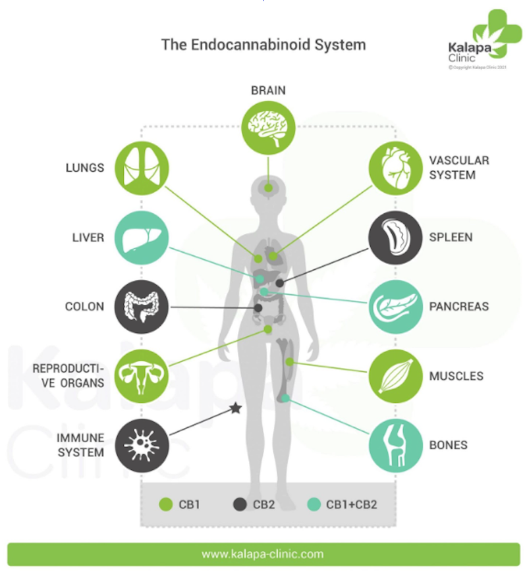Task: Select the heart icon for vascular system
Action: point(395,168)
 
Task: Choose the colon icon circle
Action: point(142,307)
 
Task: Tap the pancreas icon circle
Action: point(395,307)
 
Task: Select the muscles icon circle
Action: point(395,376)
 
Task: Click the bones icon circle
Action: point(395,445)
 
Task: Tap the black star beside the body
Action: point(235,409)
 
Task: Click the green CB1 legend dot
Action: point(167,505)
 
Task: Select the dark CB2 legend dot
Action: point(240,505)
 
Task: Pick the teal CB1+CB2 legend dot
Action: point(314,505)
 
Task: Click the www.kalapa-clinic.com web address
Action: point(263,554)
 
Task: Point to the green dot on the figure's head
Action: point(268,188)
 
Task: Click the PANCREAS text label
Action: point(459,307)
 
